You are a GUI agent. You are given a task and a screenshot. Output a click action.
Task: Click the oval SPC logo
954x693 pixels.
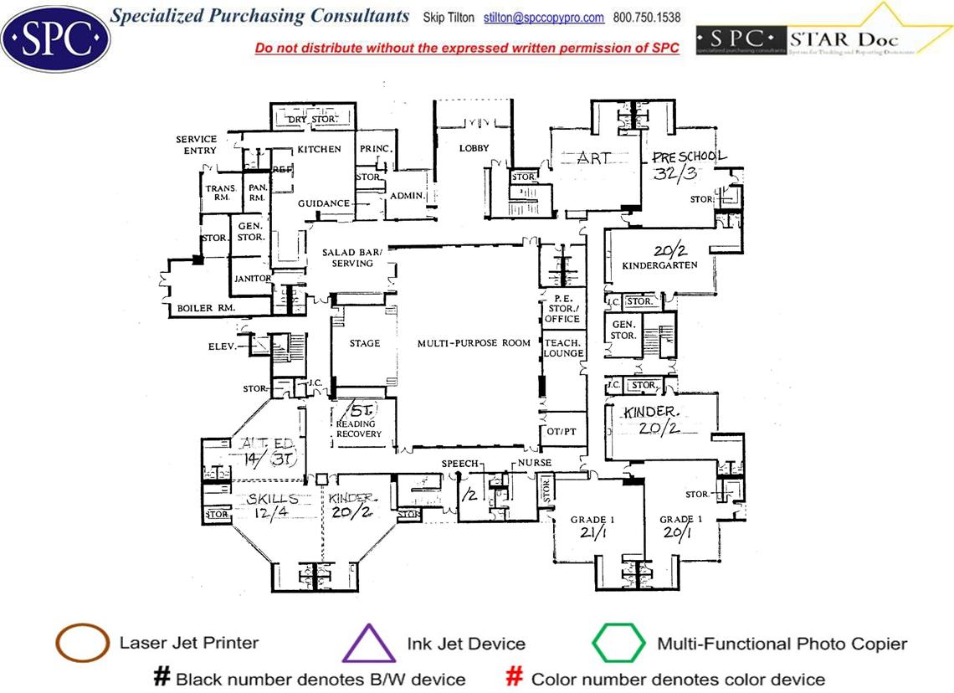pos(55,38)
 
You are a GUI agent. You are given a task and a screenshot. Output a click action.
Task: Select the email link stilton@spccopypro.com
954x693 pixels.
pos(544,18)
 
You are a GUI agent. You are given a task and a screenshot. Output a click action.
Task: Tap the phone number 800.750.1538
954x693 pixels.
pos(647,18)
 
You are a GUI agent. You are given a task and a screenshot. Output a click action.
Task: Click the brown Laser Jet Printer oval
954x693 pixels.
pos(82,644)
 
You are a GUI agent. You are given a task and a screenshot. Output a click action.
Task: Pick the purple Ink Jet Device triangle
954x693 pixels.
pos(368,644)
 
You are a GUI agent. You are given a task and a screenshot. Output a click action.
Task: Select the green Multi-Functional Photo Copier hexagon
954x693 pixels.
pos(618,644)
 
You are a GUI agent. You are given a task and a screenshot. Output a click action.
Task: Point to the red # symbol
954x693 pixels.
pos(515,677)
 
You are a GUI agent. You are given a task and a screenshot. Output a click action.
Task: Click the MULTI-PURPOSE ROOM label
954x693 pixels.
pos(474,343)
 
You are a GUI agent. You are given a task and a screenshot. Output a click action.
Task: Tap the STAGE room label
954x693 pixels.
pos(365,343)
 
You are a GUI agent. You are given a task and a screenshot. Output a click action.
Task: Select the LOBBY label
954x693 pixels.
pos(474,148)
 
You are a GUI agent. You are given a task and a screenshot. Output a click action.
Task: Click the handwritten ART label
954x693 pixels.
pos(594,157)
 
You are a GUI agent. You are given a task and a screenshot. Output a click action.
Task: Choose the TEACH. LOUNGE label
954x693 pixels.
pos(563,348)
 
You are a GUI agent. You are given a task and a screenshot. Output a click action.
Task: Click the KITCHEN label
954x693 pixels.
pos(320,149)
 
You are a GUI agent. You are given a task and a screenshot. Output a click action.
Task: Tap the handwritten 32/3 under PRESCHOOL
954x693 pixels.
pos(675,173)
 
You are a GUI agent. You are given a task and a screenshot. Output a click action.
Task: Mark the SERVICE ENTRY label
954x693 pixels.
pos(197,145)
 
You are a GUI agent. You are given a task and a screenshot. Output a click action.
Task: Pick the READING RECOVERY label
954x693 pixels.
pos(359,429)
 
